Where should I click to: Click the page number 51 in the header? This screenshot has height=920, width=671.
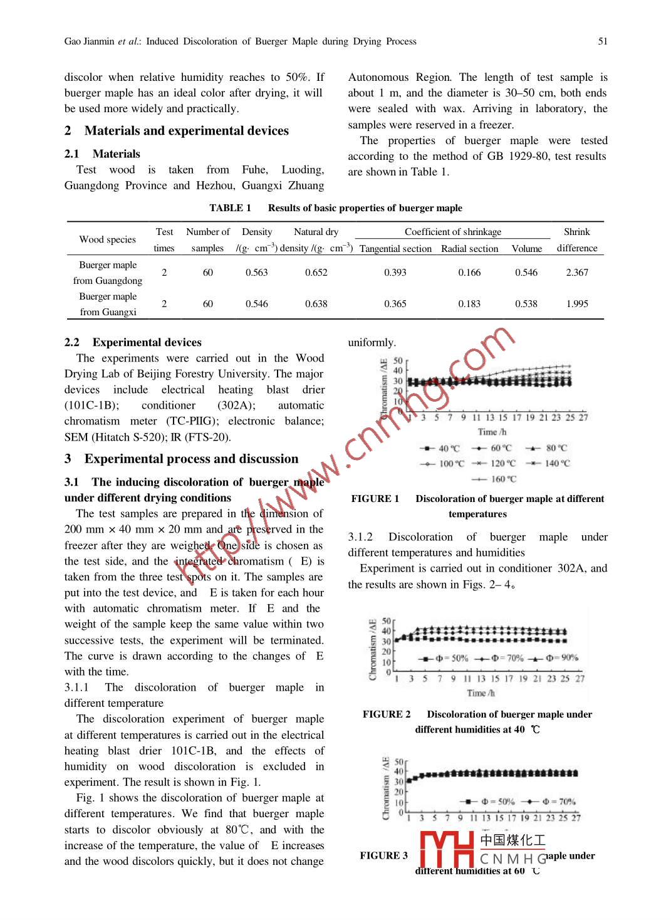point(602,41)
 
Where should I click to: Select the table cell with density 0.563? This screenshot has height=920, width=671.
point(256,273)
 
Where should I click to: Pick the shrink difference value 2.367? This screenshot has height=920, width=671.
point(576,273)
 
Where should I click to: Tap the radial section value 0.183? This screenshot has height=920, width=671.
point(469,304)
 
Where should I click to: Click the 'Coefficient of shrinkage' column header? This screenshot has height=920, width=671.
point(452,232)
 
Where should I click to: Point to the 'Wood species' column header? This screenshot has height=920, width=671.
point(107,239)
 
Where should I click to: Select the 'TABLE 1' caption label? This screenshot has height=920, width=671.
point(230,208)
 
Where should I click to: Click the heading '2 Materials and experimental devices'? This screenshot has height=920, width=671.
point(177,131)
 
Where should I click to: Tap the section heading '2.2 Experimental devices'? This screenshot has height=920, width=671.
point(133,342)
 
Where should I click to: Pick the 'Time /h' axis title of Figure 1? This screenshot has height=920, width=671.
point(492,432)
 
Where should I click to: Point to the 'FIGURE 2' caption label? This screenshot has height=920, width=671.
point(387,714)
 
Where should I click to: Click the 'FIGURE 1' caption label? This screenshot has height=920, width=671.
point(375,499)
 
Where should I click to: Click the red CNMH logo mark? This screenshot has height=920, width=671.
point(447,850)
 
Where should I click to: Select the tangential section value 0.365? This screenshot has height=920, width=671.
point(395,304)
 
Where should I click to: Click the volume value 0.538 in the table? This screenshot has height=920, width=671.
point(526,304)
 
